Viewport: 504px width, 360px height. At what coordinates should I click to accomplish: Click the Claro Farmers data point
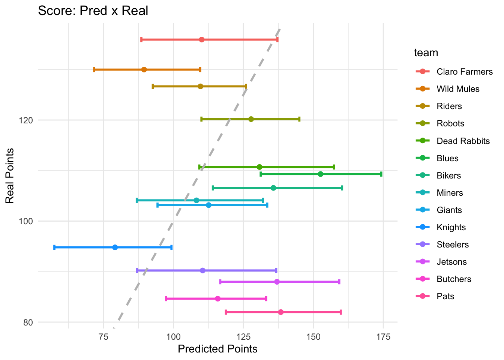(x=202, y=39)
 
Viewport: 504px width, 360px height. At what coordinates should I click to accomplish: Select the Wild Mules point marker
(x=144, y=69)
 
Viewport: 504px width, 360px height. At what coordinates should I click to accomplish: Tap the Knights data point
(x=115, y=247)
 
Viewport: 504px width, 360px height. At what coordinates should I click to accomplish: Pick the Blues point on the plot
(x=320, y=174)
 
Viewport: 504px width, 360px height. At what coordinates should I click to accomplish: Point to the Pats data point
(x=281, y=312)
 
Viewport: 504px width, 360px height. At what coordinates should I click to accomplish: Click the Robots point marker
(x=251, y=119)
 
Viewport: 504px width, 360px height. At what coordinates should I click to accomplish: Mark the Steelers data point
(x=202, y=270)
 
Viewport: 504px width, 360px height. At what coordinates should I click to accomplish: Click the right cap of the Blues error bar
(x=381, y=174)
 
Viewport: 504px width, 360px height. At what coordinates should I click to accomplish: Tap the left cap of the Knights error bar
(x=54, y=247)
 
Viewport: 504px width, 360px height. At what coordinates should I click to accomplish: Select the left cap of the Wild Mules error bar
(x=94, y=69)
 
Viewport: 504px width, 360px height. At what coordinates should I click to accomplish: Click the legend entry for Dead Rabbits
(x=463, y=141)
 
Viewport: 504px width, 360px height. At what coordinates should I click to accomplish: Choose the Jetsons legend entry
(x=451, y=262)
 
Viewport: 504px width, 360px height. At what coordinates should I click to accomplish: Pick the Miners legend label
(x=450, y=193)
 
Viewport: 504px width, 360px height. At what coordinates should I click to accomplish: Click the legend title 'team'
(x=426, y=53)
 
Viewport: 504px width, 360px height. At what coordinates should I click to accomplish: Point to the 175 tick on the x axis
(x=383, y=336)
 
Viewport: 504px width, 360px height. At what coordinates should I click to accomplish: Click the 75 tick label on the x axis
(x=103, y=336)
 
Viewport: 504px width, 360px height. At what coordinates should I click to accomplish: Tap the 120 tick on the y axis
(x=28, y=120)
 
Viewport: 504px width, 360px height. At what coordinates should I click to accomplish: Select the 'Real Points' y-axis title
(x=10, y=176)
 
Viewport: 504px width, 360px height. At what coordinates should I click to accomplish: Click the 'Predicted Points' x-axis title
(x=217, y=349)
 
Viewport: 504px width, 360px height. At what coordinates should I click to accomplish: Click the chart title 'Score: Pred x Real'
(x=93, y=10)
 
